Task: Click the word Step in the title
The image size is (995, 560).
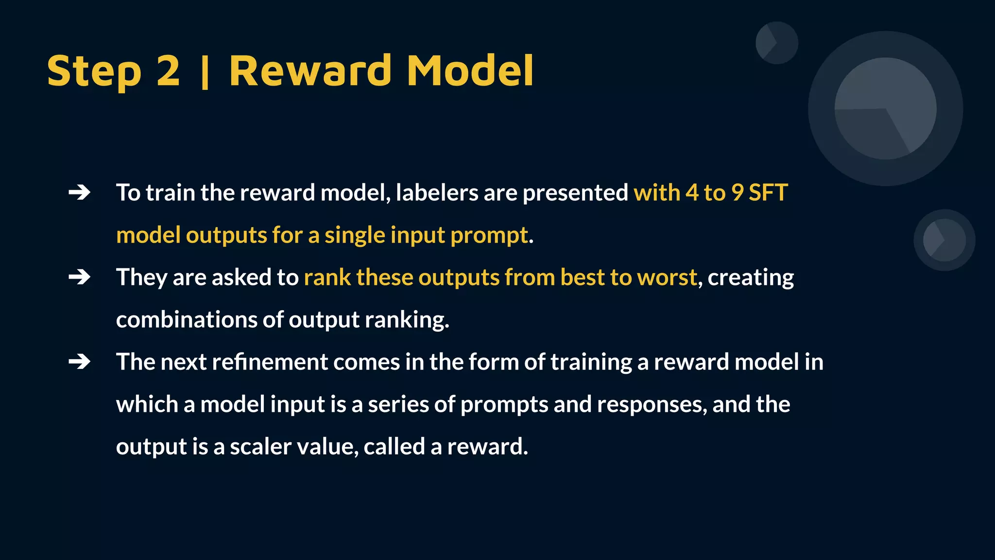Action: point(94,71)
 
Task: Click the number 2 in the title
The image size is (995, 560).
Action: point(168,71)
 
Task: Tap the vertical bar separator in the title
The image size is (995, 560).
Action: point(205,73)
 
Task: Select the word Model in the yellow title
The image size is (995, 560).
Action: point(470,71)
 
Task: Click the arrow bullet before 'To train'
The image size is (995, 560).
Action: point(80,193)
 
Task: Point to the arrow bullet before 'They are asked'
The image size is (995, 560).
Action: point(80,278)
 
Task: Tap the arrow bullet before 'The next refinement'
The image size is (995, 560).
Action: point(80,362)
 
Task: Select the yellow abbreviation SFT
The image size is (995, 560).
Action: point(768,193)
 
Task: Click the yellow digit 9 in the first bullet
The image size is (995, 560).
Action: point(738,193)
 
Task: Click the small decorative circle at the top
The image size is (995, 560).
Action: point(776,43)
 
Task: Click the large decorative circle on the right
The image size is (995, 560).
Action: point(885,108)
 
